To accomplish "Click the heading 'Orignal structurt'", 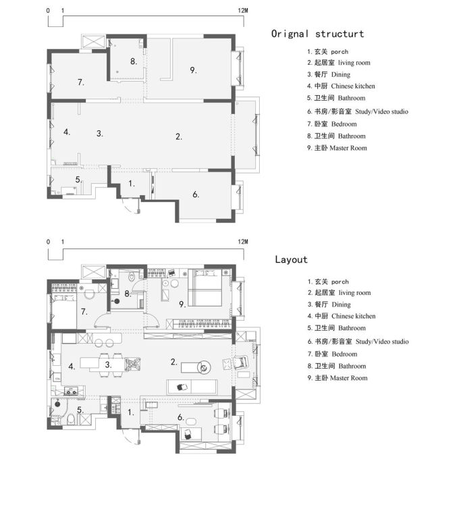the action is click(317, 34).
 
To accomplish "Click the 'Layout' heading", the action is click(291, 259).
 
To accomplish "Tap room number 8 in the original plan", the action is click(134, 61).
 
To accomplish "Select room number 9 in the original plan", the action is click(193, 70).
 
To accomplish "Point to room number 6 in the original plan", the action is click(196, 194).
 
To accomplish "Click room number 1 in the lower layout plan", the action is click(131, 413).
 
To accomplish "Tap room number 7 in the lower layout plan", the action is click(84, 312).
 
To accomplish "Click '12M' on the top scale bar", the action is click(243, 11).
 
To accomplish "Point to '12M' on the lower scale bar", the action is click(243, 242).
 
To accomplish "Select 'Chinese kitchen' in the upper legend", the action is click(353, 86).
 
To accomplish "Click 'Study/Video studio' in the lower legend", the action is click(382, 342).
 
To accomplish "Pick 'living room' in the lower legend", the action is click(354, 293).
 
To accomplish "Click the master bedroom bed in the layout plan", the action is click(205, 288).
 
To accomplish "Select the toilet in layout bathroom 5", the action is click(71, 419).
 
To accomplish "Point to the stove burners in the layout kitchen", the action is click(71, 392).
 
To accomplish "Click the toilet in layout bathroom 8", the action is click(132, 277).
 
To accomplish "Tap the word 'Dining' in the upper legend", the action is click(341, 75).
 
